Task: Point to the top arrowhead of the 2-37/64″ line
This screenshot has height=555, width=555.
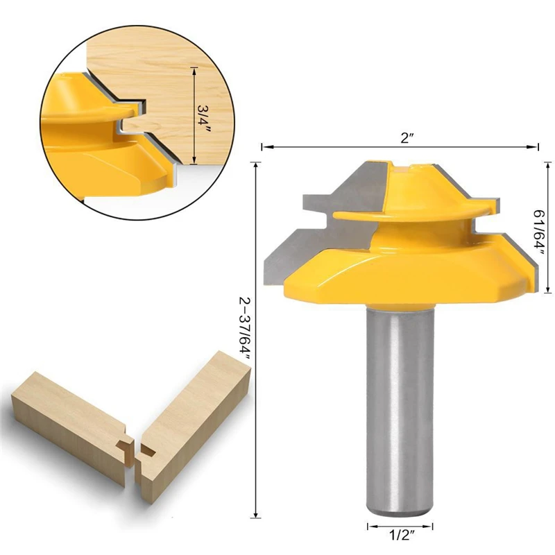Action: (x=257, y=164)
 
